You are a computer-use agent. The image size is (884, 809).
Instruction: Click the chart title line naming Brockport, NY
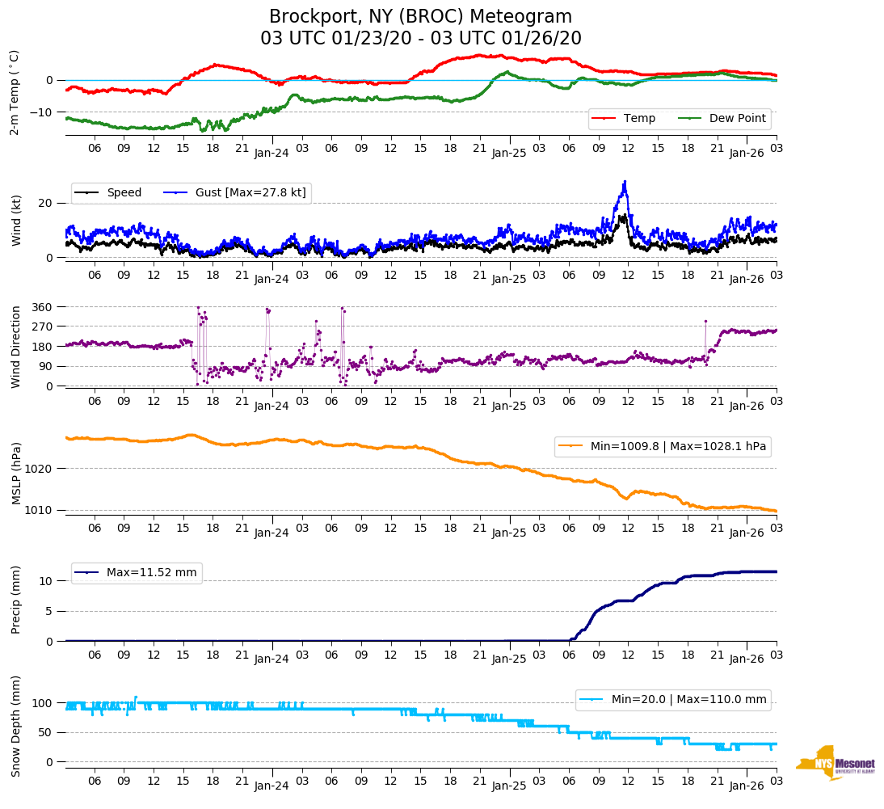420,17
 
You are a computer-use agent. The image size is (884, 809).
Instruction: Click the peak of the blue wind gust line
625,182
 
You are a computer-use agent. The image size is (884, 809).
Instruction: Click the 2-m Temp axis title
14,93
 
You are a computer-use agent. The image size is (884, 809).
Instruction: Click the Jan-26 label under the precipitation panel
747,659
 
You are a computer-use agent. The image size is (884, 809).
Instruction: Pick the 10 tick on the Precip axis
47,581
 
